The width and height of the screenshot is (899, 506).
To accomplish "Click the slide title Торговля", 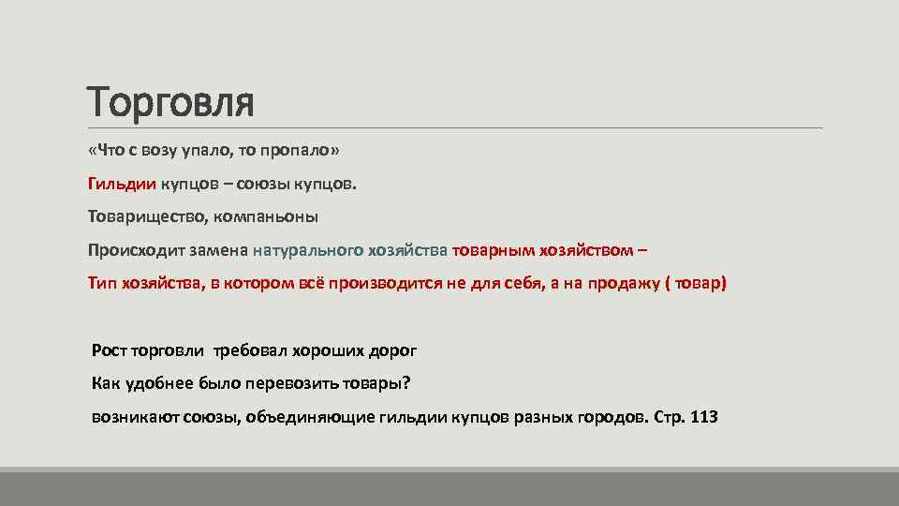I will pyautogui.click(x=170, y=101).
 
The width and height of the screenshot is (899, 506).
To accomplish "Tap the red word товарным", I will pyautogui.click(x=490, y=250).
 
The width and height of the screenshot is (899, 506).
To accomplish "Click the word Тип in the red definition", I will pyautogui.click(x=102, y=283).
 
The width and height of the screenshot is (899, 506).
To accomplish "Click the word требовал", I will pyautogui.click(x=246, y=350).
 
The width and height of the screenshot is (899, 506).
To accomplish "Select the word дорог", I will pyautogui.click(x=391, y=350).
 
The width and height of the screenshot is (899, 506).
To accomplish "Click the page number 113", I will pyautogui.click(x=703, y=416).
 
